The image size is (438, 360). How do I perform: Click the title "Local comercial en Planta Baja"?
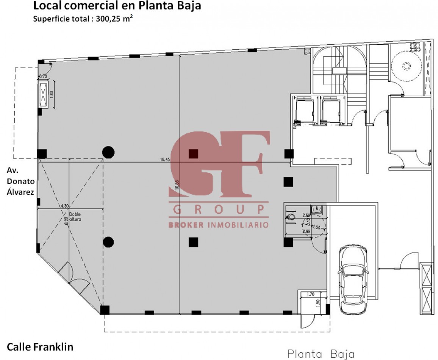pyautogui.click(x=117, y=6)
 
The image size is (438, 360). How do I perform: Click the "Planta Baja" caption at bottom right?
pyautogui.click(x=321, y=354)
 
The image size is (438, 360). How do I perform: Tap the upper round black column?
pyautogui.click(x=108, y=152)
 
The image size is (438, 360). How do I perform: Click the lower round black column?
pyautogui.click(x=108, y=241)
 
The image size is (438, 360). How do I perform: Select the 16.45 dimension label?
pyautogui.click(x=164, y=160)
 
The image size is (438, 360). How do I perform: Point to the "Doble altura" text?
pyautogui.click(x=75, y=216)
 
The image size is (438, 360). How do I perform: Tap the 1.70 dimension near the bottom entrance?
pyautogui.click(x=310, y=294)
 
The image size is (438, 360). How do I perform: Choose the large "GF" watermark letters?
pyautogui.click(x=220, y=164)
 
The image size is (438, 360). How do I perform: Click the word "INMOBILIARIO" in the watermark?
pyautogui.click(x=238, y=225)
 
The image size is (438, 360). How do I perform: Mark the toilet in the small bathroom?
pyautogui.click(x=291, y=217)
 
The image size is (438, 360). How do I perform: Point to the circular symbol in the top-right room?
pyautogui.click(x=407, y=66)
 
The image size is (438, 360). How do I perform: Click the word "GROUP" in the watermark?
pyautogui.click(x=219, y=209)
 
